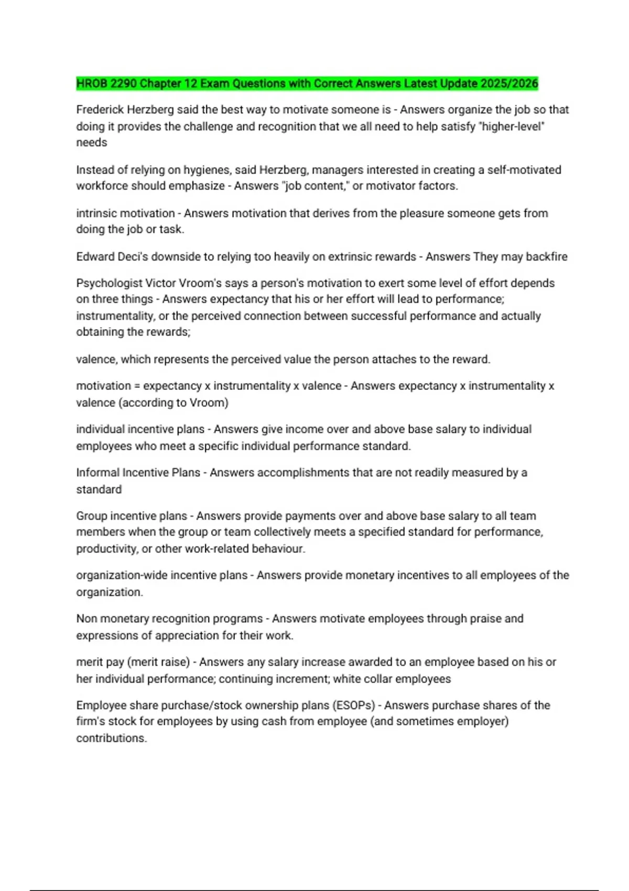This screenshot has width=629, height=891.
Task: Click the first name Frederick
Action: coord(100,110)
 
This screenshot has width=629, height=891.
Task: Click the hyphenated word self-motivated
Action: coord(524,170)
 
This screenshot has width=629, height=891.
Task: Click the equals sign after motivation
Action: coord(137,386)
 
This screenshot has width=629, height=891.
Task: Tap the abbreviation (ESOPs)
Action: coord(354,705)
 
